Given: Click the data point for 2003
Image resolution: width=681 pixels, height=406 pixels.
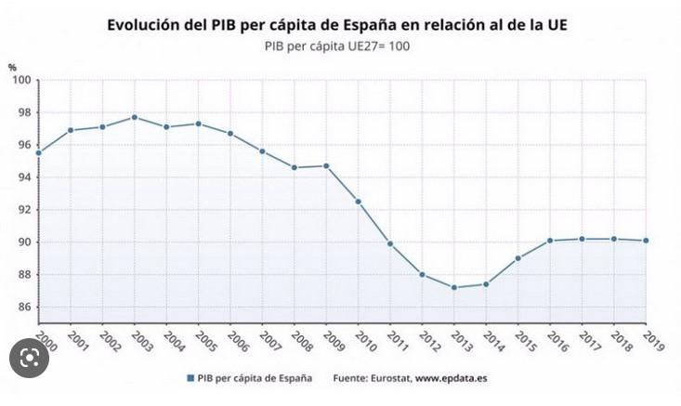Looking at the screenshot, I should (x=135, y=117).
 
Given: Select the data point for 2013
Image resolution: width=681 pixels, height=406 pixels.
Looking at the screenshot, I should (x=454, y=287).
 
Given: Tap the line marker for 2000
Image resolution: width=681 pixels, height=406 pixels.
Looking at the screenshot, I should (x=39, y=152).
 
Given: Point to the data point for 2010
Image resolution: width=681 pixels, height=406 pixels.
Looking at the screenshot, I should (x=359, y=201).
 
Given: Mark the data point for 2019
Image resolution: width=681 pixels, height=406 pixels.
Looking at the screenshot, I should (x=646, y=241).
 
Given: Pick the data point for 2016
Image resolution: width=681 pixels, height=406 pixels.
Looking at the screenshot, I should (x=550, y=241).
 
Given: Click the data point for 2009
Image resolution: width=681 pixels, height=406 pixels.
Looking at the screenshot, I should (x=326, y=165).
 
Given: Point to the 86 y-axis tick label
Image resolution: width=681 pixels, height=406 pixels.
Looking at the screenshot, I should (x=24, y=307).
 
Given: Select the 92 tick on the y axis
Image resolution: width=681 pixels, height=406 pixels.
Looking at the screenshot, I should (x=24, y=210).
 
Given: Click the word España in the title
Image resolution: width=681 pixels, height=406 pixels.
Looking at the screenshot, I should (x=390, y=23).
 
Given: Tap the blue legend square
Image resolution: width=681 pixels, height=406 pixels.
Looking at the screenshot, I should (x=190, y=379).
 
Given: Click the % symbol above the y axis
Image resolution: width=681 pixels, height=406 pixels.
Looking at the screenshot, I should (x=12, y=67).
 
